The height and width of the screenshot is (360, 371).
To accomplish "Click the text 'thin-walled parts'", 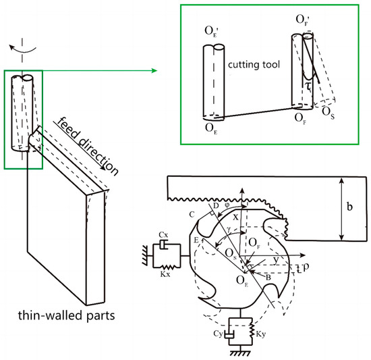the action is (67, 315).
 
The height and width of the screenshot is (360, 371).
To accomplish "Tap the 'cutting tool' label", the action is (254, 65).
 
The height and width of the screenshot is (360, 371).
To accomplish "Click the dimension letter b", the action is (349, 207).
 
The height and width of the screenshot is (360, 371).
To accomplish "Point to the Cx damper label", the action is (164, 235).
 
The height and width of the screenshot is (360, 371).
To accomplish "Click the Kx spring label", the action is (165, 274).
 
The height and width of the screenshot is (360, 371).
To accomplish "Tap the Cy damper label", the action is (219, 334).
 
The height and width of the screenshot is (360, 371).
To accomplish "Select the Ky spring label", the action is (261, 334).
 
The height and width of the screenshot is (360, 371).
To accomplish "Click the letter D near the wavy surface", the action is (216, 205).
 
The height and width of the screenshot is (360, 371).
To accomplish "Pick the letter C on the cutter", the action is (192, 215).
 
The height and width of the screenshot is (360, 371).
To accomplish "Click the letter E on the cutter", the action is (196, 240).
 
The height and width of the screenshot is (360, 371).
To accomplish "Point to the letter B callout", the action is (268, 278).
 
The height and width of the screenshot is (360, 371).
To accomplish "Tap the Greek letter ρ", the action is (306, 267).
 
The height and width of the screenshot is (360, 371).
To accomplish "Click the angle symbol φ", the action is (227, 205).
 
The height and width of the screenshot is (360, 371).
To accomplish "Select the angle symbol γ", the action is (229, 228).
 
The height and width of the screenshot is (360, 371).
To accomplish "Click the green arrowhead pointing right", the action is (154, 70).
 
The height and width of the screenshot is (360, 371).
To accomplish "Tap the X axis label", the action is (235, 217).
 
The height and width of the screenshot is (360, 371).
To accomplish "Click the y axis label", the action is (276, 259).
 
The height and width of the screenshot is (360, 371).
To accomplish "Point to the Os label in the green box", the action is (329, 113).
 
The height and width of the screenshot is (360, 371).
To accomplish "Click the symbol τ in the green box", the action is (308, 86).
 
